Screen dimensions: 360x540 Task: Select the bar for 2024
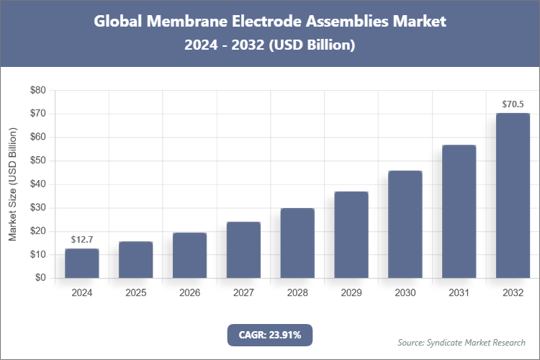[x=81, y=264]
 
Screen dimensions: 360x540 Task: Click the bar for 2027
[x=243, y=250]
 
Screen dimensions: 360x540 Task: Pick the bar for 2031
[x=459, y=212]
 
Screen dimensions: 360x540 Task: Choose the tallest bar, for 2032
[x=513, y=196]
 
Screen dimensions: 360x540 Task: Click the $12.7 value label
[x=81, y=239]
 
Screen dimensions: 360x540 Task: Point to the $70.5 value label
[x=513, y=104]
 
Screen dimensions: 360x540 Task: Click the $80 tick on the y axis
[x=37, y=91]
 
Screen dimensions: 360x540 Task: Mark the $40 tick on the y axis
[x=37, y=184]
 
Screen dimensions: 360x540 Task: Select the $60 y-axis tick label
[x=37, y=138]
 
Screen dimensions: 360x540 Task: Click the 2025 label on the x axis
[x=135, y=294]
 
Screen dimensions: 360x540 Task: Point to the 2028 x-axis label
[x=297, y=294]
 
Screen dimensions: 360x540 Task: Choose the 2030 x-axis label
[x=405, y=294]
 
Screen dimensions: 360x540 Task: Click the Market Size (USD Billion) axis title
[x=13, y=184]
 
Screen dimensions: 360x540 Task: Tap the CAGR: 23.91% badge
[x=270, y=335]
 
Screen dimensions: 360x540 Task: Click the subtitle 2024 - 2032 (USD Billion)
[x=270, y=45]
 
